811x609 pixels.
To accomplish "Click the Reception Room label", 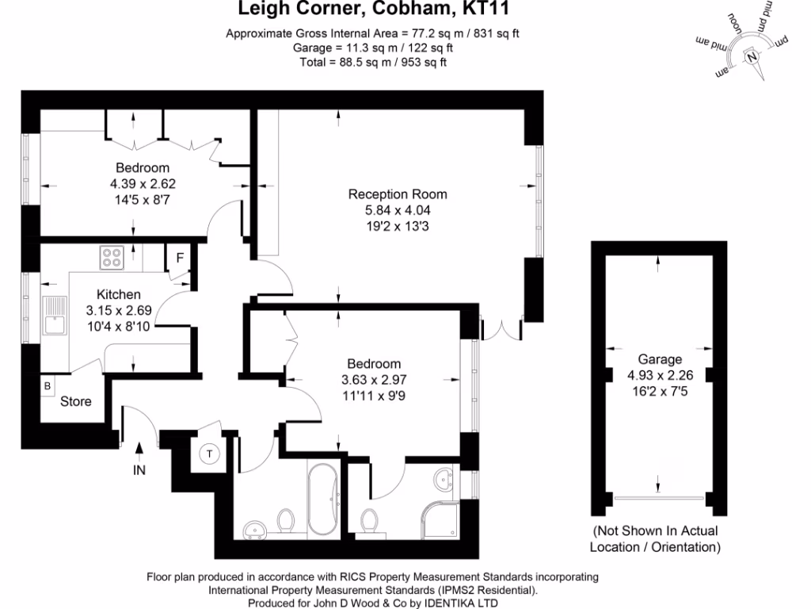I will click(x=398, y=194).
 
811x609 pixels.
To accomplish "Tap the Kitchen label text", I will click(x=119, y=294).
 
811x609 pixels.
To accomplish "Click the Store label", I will click(x=76, y=401).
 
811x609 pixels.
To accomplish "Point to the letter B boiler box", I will click(x=48, y=386).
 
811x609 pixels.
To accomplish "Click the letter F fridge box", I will click(x=180, y=258).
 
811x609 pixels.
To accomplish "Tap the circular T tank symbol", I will click(x=210, y=454).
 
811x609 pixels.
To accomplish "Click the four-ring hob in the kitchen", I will click(x=112, y=258).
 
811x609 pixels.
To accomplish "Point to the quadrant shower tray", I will click(x=440, y=519).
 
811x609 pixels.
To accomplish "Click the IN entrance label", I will click(x=139, y=470).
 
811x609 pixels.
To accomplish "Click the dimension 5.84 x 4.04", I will click(x=398, y=211).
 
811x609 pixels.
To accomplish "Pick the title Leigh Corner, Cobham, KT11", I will click(x=373, y=10).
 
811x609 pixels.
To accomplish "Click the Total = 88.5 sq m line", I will click(x=373, y=63).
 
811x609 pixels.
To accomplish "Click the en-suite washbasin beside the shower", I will click(x=444, y=478).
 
